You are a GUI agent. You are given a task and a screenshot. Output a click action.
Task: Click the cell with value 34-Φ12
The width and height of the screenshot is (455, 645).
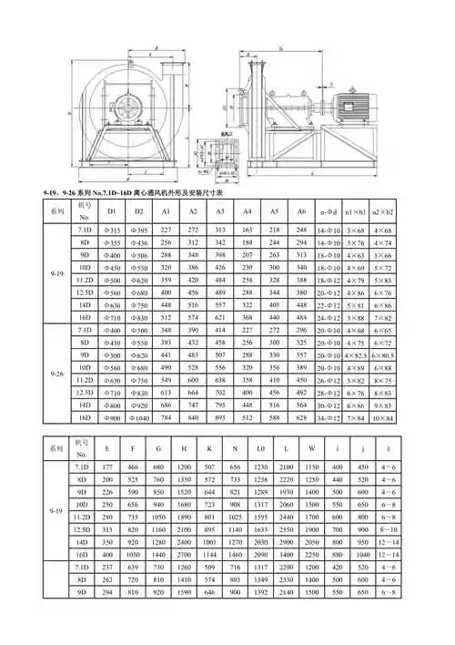point(329,416)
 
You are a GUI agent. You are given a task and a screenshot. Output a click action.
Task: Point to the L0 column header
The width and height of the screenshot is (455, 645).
point(260,447)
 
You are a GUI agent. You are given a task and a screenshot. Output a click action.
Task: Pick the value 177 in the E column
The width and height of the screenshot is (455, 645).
point(108,466)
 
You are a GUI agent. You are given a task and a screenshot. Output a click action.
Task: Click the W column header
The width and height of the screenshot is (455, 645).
point(311,447)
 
